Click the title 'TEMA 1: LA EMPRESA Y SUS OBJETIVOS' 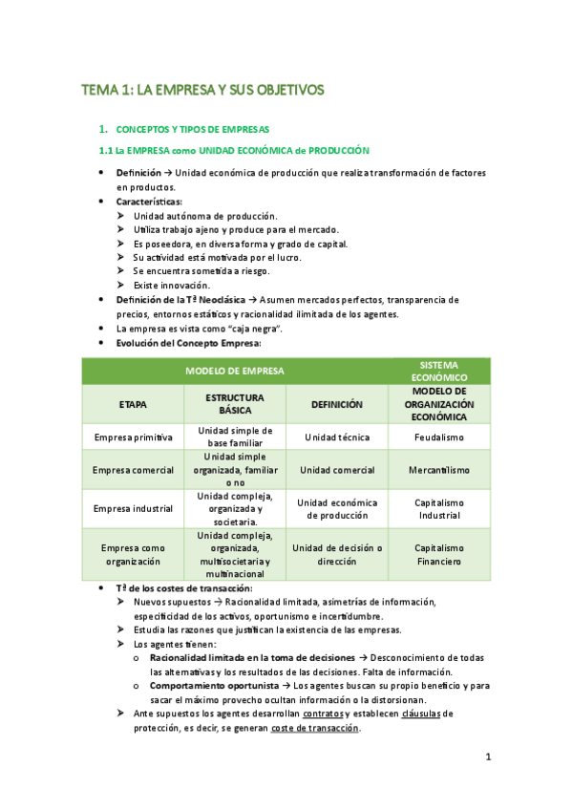[202, 90]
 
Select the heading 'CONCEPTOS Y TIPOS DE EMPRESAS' [192, 128]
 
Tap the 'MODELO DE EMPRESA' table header [235, 371]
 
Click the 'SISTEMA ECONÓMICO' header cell [438, 371]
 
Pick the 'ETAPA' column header [133, 404]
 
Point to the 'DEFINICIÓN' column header [337, 404]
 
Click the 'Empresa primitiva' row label [133, 437]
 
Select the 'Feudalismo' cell [438, 437]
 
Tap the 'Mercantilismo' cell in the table [438, 470]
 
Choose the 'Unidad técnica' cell [337, 437]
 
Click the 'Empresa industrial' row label [133, 508]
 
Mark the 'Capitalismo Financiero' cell [438, 555]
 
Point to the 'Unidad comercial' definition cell [337, 470]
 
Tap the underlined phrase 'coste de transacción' [315, 727]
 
